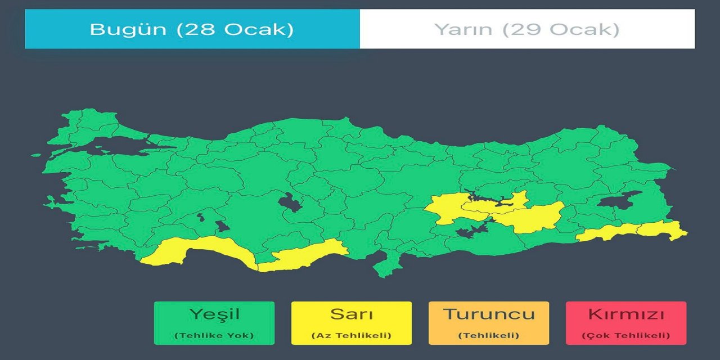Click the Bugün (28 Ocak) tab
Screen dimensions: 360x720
pyautogui.click(x=192, y=29)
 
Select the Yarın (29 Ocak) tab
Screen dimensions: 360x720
pyautogui.click(x=527, y=29)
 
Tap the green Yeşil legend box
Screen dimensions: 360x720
pyautogui.click(x=214, y=323)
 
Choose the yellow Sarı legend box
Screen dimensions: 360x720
pyautogui.click(x=352, y=323)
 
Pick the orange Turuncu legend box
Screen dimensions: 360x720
pyautogui.click(x=489, y=323)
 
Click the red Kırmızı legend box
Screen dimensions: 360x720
pyautogui.click(x=626, y=323)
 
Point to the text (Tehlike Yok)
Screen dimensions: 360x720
pyautogui.click(x=214, y=336)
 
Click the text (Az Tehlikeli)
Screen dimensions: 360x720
pyautogui.click(x=352, y=336)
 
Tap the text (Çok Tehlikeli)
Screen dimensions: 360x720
pyautogui.click(x=626, y=336)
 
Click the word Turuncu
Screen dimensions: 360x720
pyautogui.click(x=489, y=314)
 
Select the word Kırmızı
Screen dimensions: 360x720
pyautogui.click(x=626, y=314)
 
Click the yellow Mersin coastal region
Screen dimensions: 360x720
pyautogui.click(x=304, y=256)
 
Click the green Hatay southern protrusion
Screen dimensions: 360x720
pyautogui.click(x=385, y=264)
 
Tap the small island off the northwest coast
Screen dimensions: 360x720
pyautogui.click(x=36, y=155)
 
